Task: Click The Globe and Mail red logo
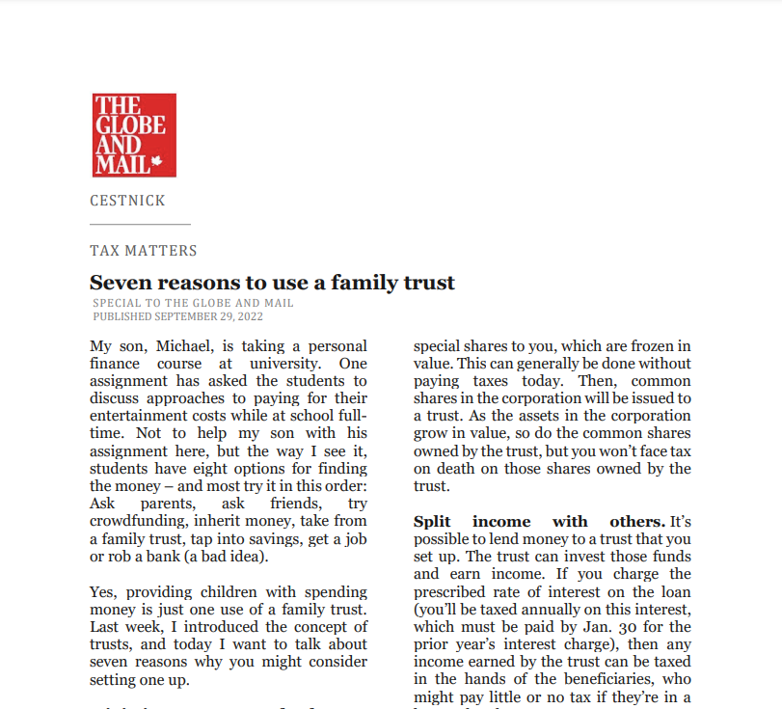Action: (134, 135)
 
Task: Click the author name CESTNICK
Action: (127, 201)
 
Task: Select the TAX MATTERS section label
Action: (143, 251)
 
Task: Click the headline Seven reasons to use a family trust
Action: (272, 282)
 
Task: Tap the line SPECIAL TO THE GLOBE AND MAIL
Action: (193, 303)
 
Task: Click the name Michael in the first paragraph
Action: (180, 346)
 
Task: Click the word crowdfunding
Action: (133, 522)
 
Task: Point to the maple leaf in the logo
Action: (157, 164)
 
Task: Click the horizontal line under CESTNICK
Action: (140, 225)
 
